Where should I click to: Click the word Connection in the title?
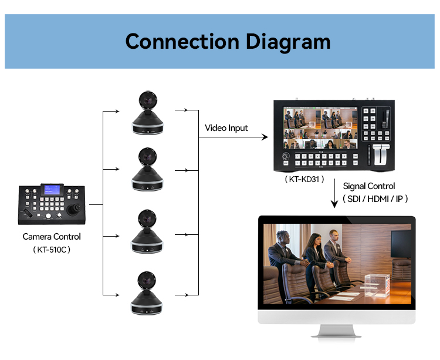[x=181, y=42]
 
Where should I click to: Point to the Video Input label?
[x=226, y=128]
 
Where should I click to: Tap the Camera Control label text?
[x=52, y=237]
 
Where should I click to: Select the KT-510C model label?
[x=52, y=250]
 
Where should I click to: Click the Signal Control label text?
[x=369, y=186]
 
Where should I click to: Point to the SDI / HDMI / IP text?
[x=375, y=199]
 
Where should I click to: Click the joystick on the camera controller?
[x=74, y=208]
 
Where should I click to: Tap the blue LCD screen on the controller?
[x=52, y=190]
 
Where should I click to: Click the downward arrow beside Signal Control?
[x=334, y=191]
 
